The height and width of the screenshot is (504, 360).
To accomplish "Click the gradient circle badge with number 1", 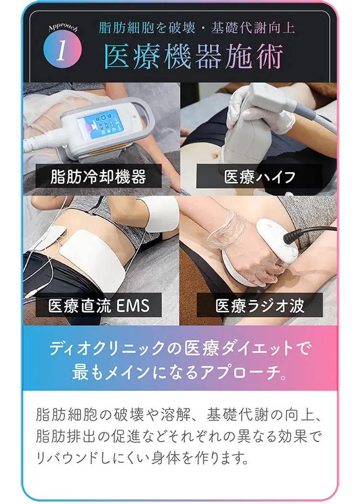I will (62, 50).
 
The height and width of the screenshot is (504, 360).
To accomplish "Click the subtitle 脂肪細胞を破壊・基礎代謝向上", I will (197, 27).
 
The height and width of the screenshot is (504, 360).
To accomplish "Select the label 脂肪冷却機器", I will (98, 177).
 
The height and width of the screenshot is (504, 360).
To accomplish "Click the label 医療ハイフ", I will (260, 177).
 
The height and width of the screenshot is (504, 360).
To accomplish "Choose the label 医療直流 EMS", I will (99, 305).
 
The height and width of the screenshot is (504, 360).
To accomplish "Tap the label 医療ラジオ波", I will (260, 305).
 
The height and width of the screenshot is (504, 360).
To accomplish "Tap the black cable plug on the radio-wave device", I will (293, 236).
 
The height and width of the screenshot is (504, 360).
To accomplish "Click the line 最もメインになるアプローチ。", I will (180, 372).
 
